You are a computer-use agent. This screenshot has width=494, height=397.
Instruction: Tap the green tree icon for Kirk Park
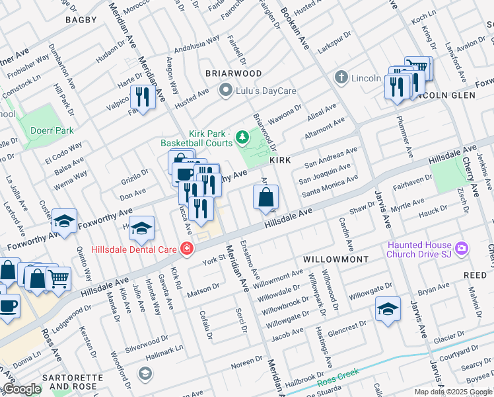point(242,138)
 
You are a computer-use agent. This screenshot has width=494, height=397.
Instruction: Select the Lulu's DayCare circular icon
point(226,91)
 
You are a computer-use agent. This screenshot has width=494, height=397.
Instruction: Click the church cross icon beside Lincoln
point(341,77)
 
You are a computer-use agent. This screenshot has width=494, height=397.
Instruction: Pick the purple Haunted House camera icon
point(462,249)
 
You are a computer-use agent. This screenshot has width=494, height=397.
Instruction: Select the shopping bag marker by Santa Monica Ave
point(265,197)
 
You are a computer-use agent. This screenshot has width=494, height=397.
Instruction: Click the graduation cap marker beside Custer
point(64,222)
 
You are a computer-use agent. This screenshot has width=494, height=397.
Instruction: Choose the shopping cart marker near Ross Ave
point(58,279)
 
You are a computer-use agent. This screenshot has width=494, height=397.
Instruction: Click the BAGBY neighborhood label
point(81,20)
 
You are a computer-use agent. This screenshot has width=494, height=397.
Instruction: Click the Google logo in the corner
point(22,390)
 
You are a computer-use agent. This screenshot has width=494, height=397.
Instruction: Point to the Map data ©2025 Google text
point(452,392)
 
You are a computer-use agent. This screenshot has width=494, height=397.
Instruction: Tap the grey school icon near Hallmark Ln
point(144,375)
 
